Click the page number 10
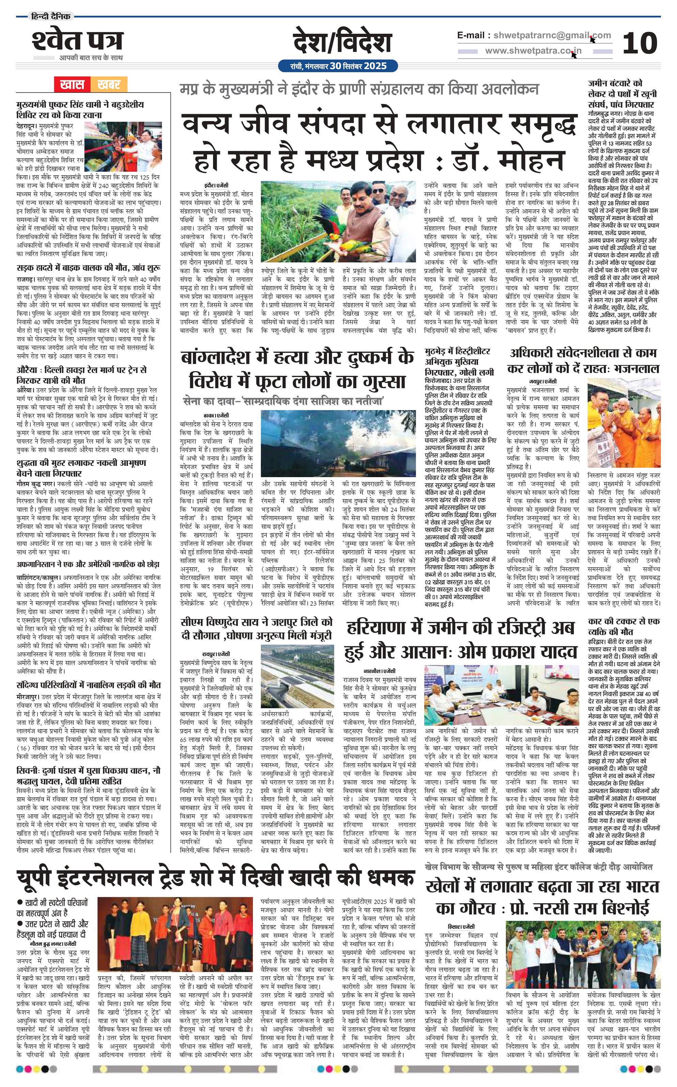(640, 43)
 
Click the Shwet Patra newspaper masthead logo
(77, 41)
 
